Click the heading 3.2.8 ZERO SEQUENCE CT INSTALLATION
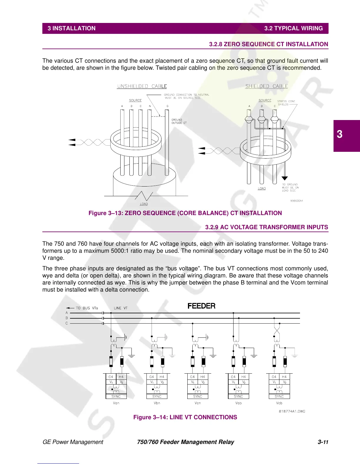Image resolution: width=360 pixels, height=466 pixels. [268, 44]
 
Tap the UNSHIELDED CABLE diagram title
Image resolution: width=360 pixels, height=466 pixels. [142, 86]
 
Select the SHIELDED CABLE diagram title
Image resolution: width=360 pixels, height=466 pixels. [266, 86]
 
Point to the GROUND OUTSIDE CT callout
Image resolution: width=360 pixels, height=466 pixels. [179, 121]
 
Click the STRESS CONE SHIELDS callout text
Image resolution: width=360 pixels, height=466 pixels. [286, 103]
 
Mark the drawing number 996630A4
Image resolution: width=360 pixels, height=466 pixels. [296, 201]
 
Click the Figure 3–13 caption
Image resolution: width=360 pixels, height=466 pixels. [185, 213]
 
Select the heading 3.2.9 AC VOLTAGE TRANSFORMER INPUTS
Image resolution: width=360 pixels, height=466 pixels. [266, 227]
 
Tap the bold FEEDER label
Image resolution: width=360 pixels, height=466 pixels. [201, 306]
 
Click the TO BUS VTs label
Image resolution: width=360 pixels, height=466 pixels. [86, 308]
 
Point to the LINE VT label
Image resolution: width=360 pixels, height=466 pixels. [121, 308]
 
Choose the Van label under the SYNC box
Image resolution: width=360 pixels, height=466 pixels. [116, 403]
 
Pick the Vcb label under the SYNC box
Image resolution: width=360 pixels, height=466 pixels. [279, 403]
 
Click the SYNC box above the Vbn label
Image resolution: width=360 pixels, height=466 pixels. [157, 397]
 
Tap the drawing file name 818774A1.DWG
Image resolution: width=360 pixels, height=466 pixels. [292, 411]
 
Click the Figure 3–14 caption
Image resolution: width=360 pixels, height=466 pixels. [185, 417]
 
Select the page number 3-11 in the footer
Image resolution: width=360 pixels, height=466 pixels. [323, 442]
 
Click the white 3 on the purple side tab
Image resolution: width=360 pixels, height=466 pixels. [340, 134]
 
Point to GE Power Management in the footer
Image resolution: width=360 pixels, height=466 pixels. [73, 442]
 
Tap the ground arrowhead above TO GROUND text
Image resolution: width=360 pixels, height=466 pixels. [284, 178]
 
